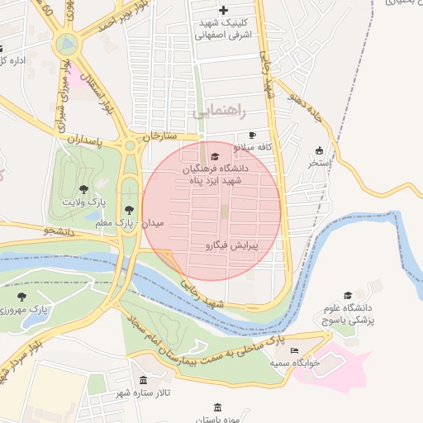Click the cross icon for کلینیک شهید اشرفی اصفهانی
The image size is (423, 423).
pos(223,9)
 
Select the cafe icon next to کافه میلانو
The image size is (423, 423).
pos(252,135)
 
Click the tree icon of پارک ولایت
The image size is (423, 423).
pos(84,190)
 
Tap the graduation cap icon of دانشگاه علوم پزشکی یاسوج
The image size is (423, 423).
pos(348,295)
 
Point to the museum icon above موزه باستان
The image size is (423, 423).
pos(217,407)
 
